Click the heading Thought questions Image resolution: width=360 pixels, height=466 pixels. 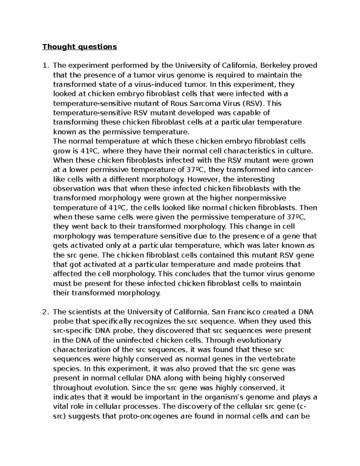click(79, 47)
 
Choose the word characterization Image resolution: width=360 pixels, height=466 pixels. click(83, 350)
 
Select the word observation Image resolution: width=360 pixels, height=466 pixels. click(74, 189)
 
